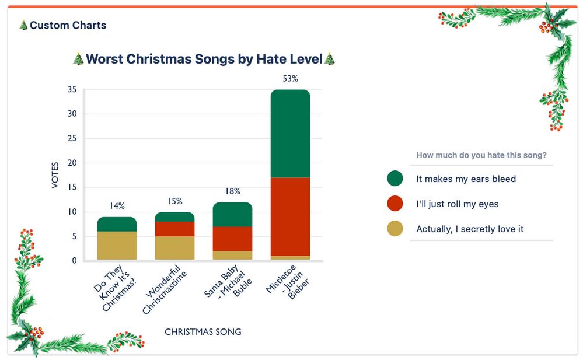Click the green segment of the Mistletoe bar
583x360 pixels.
click(x=290, y=134)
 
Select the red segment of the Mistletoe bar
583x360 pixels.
click(x=290, y=216)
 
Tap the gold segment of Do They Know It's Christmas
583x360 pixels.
click(x=117, y=246)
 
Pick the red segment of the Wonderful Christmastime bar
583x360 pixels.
click(x=174, y=229)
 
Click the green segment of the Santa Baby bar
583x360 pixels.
click(x=232, y=214)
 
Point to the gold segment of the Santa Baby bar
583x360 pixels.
click(x=232, y=256)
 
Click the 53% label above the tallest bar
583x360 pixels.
click(x=290, y=78)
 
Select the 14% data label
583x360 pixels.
click(x=117, y=206)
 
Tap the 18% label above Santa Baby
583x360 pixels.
click(x=232, y=191)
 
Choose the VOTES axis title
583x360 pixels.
click(x=55, y=174)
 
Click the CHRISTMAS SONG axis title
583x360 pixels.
click(x=203, y=332)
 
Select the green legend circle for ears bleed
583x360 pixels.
click(x=395, y=179)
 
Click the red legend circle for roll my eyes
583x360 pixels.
click(x=395, y=204)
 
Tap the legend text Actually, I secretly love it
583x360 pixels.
click(x=470, y=229)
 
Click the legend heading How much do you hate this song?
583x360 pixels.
click(x=481, y=155)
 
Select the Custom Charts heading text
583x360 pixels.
click(x=68, y=25)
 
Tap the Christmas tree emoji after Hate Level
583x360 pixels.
click(x=330, y=59)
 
